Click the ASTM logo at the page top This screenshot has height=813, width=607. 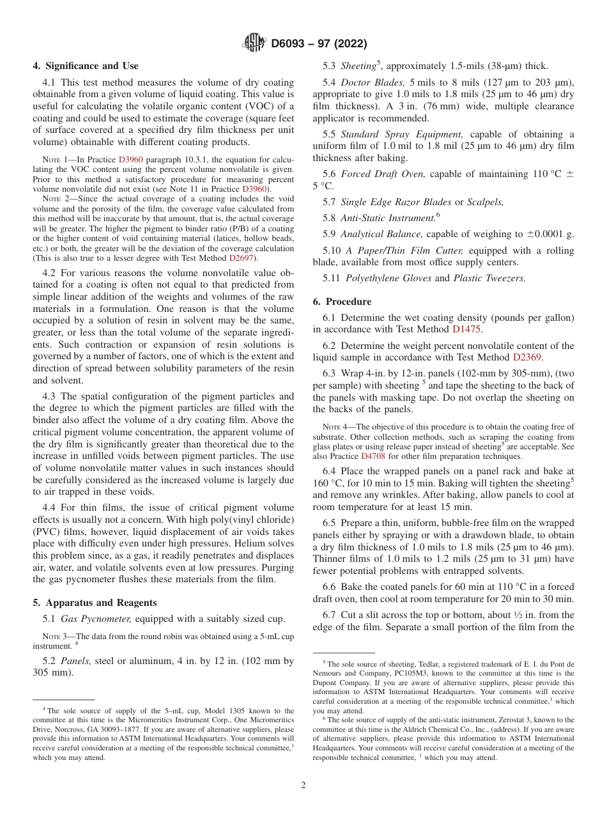pyautogui.click(x=254, y=43)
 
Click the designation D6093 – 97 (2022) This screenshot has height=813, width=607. pyautogui.click(x=319, y=44)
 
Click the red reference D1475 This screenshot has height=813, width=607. pyautogui.click(x=467, y=329)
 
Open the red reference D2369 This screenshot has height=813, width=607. pyautogui.click(x=528, y=357)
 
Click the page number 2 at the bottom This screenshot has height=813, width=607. pyautogui.click(x=303, y=786)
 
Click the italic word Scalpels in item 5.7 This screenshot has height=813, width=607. pyautogui.click(x=485, y=202)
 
